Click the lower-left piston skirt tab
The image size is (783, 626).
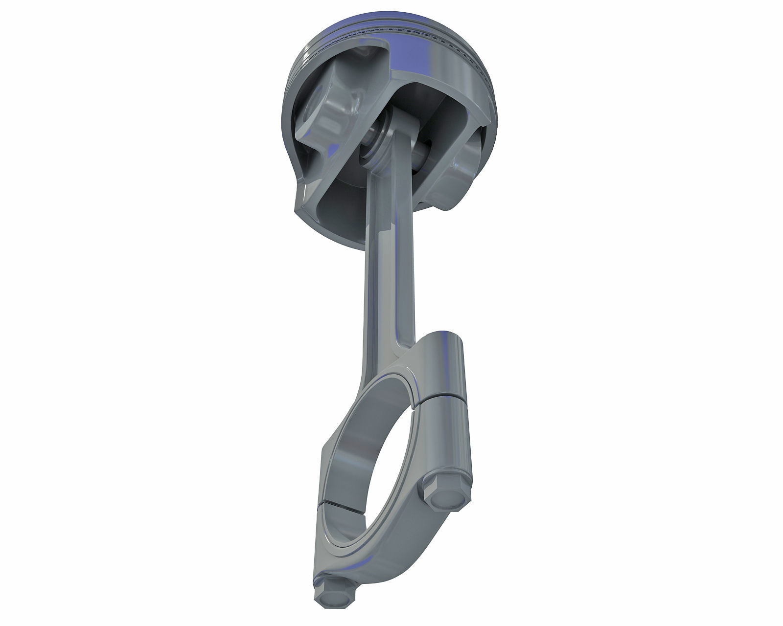pos(306,201)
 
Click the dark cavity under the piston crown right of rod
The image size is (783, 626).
pos(440,117)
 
